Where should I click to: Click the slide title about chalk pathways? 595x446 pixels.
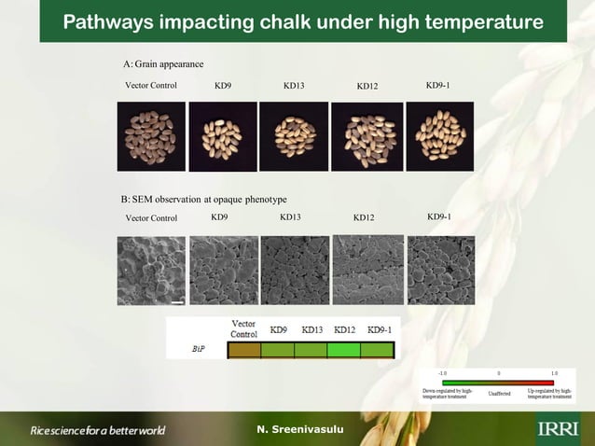[302, 21]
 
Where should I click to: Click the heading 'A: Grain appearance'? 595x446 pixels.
[163, 63]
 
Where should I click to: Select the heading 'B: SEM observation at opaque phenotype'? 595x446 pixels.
[203, 200]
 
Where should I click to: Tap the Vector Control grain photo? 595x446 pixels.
[150, 136]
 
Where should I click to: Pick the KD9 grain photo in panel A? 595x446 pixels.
[223, 136]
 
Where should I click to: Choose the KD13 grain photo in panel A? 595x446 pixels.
[294, 136]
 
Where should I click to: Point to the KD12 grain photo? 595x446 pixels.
[367, 136]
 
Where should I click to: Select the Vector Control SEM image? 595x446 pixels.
[151, 271]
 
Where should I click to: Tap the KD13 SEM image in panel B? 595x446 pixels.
[295, 270]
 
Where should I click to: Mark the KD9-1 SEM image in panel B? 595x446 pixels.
[441, 270]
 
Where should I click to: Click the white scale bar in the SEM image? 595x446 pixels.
[177, 301]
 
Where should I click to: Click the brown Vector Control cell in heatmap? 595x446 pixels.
[244, 351]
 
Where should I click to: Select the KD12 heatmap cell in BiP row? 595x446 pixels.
[343, 351]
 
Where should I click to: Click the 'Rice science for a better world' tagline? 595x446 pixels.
[98, 430]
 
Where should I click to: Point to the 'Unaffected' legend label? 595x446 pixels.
[498, 394]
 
